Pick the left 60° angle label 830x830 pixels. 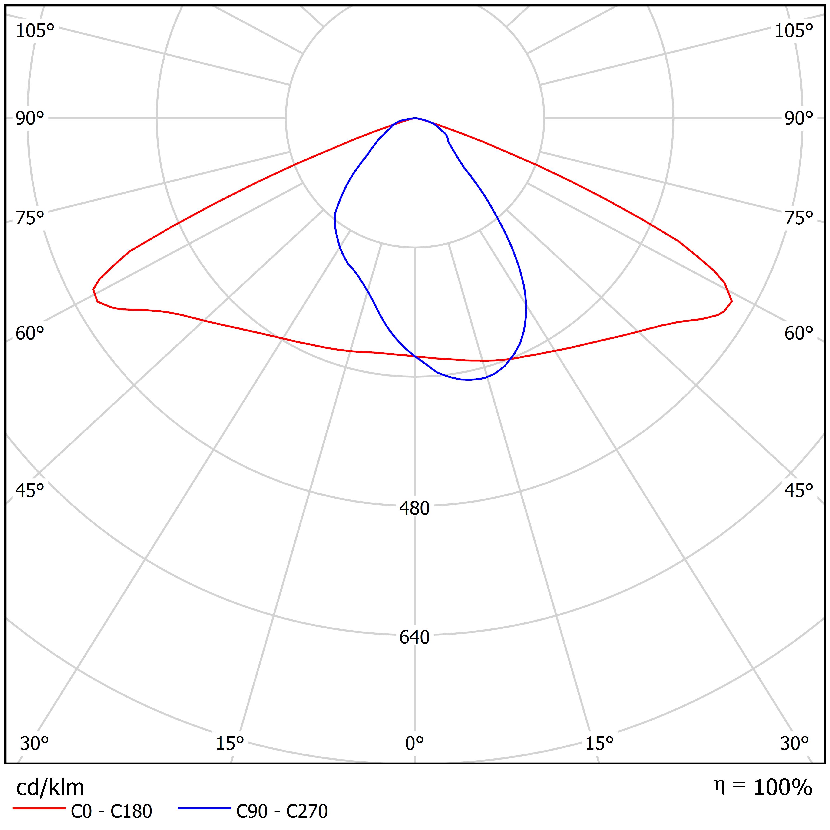(30, 333)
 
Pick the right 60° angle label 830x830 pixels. (799, 333)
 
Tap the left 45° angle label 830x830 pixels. (30, 490)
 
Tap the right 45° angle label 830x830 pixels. (799, 490)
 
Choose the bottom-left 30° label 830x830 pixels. (34, 743)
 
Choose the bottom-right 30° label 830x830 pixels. (794, 743)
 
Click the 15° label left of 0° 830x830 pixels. (230, 743)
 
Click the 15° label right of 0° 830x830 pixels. (599, 743)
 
